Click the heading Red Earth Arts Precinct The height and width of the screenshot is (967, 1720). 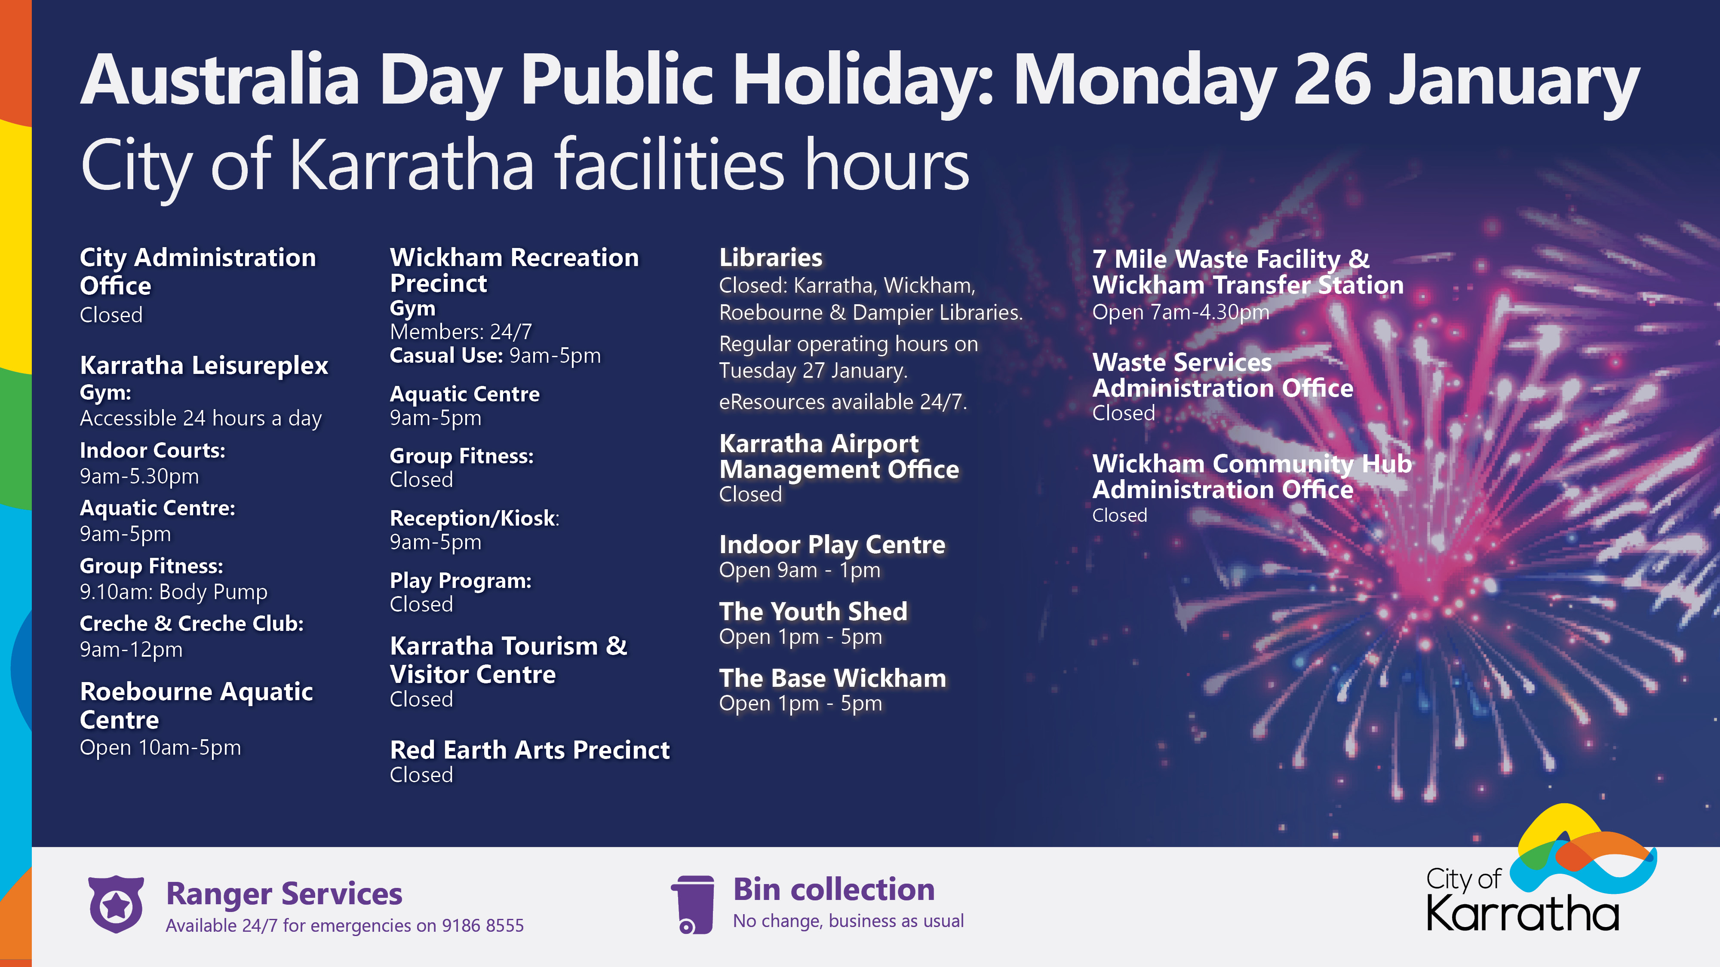coord(529,750)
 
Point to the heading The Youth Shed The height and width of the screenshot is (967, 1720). coord(813,611)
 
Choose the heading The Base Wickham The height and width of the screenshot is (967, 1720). coord(832,678)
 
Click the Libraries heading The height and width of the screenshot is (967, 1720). coord(771,257)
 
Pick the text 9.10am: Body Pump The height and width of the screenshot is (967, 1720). coord(174,592)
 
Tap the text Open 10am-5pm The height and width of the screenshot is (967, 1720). coord(160,747)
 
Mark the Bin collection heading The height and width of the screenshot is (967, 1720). coord(834,890)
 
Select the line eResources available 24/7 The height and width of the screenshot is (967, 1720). coord(843,402)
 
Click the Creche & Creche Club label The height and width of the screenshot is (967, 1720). coord(192,623)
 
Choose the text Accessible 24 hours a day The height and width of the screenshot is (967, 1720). coord(201,419)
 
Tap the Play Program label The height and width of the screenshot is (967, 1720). coord(461,581)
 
